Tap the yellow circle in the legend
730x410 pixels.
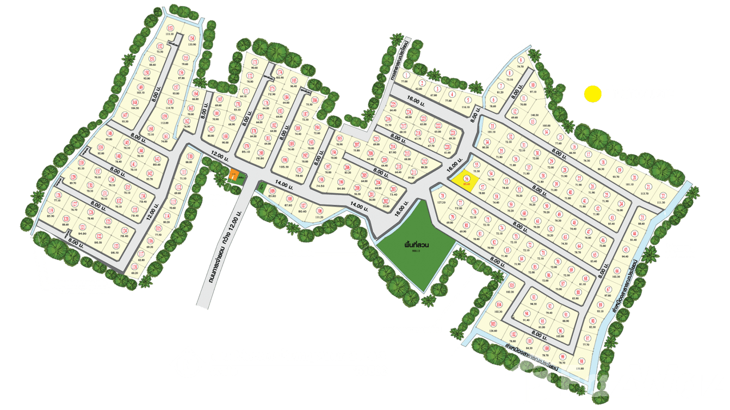591,94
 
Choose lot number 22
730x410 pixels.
662,196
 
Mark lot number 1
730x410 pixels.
406,76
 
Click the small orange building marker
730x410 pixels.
234,176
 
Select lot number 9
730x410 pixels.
521,60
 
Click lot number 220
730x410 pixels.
447,147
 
